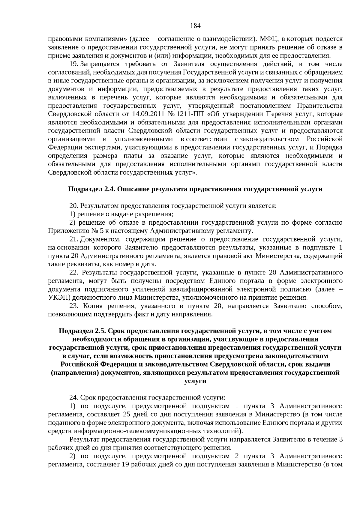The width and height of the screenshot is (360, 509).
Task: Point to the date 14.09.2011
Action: coord(145,114)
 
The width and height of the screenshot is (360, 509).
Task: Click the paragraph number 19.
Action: coord(74,64)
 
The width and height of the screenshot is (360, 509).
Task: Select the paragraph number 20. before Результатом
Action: coord(74,206)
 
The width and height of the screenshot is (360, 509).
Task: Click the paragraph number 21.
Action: coord(74,239)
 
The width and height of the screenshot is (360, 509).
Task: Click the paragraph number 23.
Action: coord(74,306)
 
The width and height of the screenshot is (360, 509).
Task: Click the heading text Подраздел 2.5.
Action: coord(82,331)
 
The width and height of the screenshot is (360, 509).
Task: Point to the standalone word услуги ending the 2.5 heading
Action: coord(195,381)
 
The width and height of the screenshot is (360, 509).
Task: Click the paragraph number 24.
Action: coord(74,398)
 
